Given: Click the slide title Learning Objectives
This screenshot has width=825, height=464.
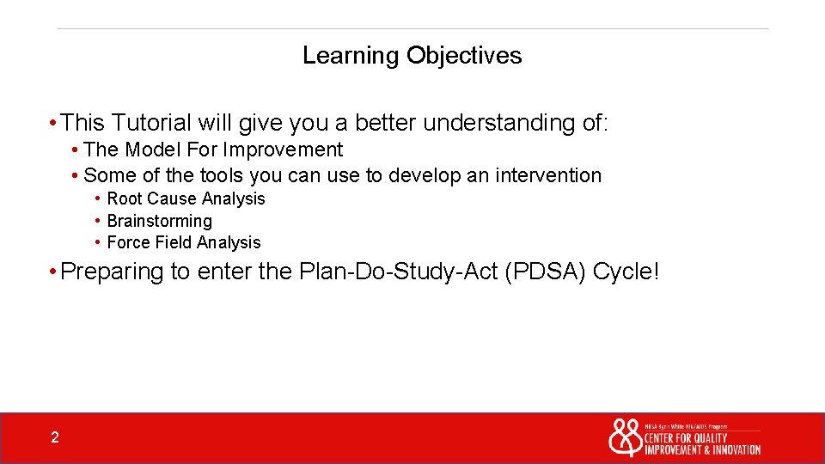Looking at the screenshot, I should (412, 56).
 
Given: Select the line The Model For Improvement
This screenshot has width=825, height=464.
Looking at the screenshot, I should (213, 150).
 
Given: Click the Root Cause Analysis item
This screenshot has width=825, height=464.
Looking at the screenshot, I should (186, 198).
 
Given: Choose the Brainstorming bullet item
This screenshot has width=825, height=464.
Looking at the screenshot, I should (159, 221).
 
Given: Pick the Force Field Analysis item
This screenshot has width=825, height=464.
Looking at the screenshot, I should (183, 243).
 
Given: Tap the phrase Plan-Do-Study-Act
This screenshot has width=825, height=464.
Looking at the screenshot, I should (399, 272).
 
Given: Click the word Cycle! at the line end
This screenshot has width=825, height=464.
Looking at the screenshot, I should (627, 272).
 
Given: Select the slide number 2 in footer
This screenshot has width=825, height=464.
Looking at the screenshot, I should (55, 438).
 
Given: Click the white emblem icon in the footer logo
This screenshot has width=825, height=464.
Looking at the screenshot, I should (625, 437).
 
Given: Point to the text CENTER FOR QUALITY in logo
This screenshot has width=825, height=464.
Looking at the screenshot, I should (686, 438).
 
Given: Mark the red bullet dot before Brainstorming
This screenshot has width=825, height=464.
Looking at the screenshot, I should (98, 221).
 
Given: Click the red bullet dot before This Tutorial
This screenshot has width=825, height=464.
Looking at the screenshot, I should (53, 124).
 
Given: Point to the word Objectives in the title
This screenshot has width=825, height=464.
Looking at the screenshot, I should (464, 56).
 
